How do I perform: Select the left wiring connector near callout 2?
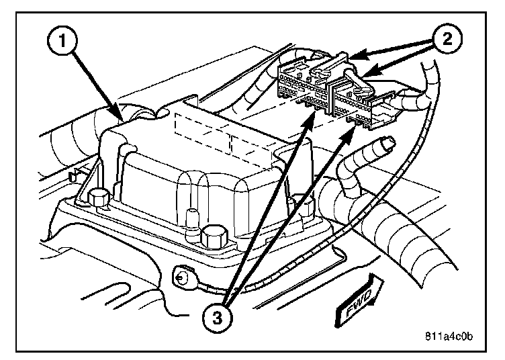click(x=306, y=87)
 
